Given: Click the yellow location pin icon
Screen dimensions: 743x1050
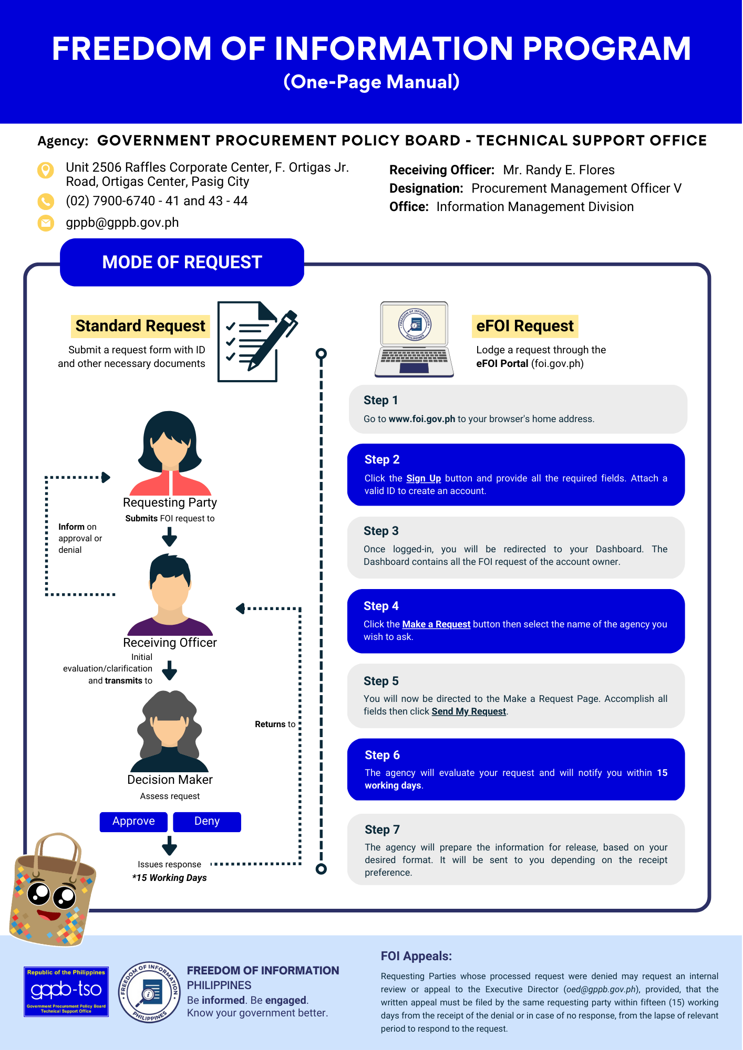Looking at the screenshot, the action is coord(46,170).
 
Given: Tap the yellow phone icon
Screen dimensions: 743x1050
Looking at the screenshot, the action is coord(46,201).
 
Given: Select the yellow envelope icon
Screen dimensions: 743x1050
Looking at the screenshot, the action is coord(46,223).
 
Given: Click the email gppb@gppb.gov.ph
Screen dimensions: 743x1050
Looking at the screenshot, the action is coord(122,223).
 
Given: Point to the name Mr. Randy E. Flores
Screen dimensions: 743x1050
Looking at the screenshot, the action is coord(559,170).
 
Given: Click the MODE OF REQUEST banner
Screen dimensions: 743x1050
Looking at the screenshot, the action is coord(182,262).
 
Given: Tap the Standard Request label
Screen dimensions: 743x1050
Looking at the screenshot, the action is coord(140,326).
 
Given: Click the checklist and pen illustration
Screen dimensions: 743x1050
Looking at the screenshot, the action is coord(257,341).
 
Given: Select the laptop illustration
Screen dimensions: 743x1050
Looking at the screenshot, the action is coord(414,339).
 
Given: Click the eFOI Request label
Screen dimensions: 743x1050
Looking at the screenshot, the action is coord(525,326).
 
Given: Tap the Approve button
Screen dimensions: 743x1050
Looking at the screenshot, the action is coord(133,822).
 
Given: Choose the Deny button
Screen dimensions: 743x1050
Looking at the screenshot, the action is coord(207,822).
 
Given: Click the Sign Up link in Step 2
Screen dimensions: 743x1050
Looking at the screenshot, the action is coord(424,478).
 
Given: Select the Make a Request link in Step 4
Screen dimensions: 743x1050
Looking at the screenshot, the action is coord(436,624).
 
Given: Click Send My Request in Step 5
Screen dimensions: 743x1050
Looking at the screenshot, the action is coord(469,711).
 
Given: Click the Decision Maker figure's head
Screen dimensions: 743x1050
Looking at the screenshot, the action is coord(170,719).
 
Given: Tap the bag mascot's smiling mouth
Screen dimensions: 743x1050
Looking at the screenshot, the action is coord(49,916).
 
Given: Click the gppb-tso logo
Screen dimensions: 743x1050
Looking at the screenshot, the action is coord(66,992).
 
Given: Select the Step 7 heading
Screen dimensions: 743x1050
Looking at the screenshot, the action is coord(382,829).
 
